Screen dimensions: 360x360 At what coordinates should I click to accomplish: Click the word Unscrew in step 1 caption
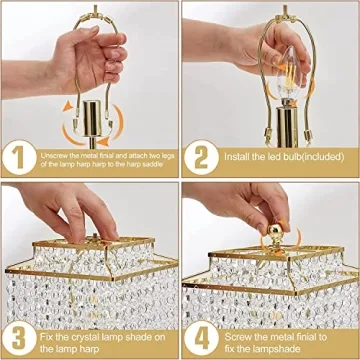click(57, 153)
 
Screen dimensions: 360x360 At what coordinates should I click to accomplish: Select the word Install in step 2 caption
click(237, 158)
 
